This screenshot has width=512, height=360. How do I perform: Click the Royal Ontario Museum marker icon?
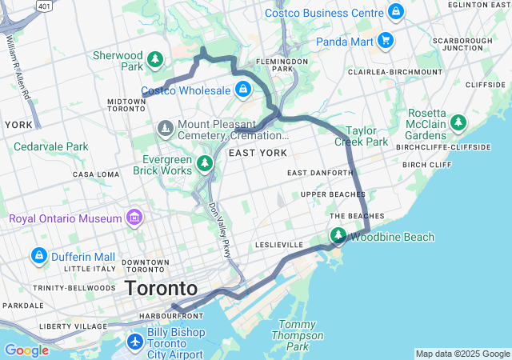point(134,218)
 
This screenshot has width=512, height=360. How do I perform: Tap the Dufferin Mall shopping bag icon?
point(38,256)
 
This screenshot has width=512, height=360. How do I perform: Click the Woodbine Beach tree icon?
point(338,236)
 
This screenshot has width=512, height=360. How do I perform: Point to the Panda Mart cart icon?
point(386,40)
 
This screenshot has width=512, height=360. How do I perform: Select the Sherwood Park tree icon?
point(156,59)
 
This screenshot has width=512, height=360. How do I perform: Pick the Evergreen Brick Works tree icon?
point(206,164)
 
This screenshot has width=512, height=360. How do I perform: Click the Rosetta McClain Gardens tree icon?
point(458,122)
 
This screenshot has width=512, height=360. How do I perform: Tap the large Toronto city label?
point(161,288)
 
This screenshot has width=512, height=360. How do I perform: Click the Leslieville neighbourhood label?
point(279,244)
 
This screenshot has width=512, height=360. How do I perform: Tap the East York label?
point(257,152)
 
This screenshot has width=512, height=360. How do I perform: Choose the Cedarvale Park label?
point(50,146)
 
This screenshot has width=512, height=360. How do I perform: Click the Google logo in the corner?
point(26,350)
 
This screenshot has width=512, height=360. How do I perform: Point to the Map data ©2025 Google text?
point(462,354)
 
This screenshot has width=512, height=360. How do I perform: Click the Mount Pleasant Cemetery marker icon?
point(166,127)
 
